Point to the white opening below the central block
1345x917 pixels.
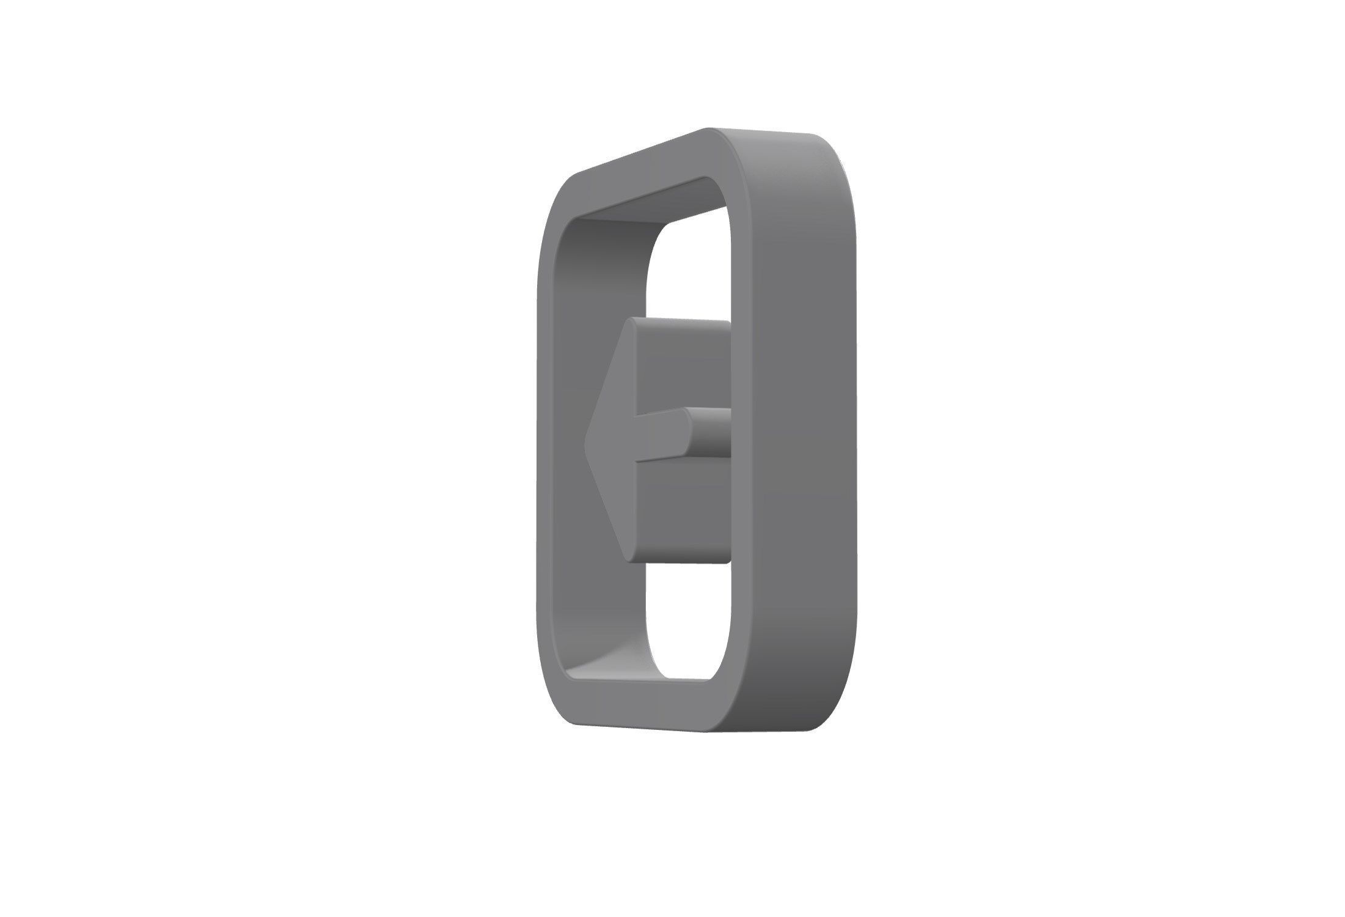tap(687, 617)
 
